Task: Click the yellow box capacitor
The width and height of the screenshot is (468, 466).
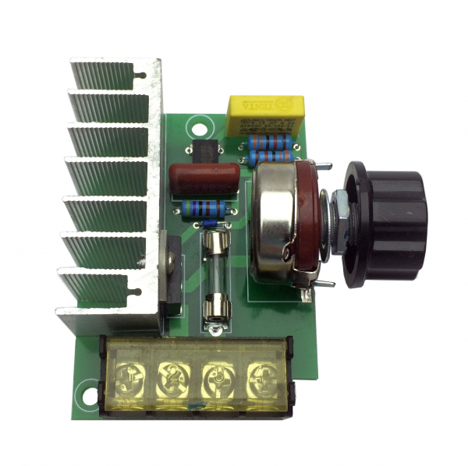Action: coord(264,115)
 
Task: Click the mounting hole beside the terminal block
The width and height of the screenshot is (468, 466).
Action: coord(90,390)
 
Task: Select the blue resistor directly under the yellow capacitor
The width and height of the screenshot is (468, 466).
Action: coord(270,142)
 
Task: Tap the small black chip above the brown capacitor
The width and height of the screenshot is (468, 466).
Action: coord(204,150)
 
